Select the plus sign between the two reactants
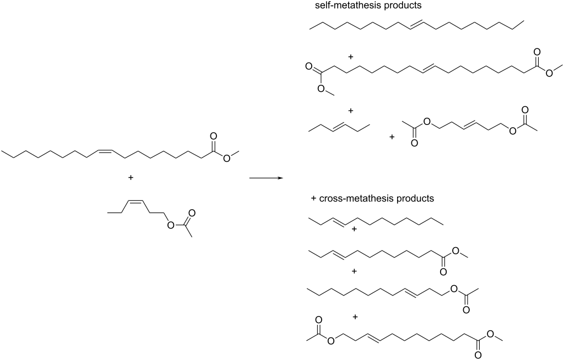(x=131, y=177)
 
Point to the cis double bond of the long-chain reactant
(x=104, y=151)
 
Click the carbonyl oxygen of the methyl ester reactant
(x=213, y=137)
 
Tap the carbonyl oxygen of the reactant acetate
(x=192, y=213)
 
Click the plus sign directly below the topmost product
(x=351, y=57)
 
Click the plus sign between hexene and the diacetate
(x=392, y=137)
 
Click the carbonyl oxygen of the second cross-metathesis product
(x=443, y=271)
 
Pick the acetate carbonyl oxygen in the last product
(x=318, y=320)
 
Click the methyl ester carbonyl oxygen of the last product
(x=478, y=356)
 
